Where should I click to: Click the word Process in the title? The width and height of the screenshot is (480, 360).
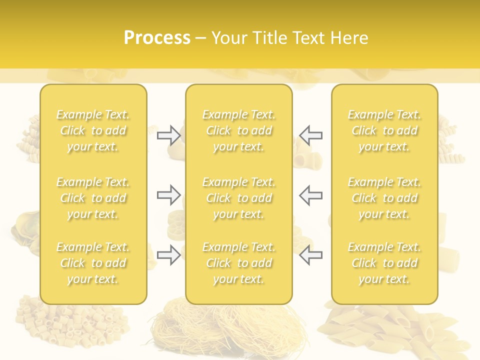coord(157,37)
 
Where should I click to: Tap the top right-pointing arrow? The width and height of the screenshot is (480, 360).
coord(168,135)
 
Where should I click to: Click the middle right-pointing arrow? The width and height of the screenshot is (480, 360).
coord(168,195)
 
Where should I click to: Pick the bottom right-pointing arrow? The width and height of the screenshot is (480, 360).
coord(168,255)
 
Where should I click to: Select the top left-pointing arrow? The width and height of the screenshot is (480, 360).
coord(310,135)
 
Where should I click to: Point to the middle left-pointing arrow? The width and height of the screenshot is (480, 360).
coord(310,195)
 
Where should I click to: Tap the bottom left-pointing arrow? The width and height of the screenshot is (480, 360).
coord(310,255)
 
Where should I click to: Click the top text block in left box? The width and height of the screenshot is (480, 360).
coord(93,130)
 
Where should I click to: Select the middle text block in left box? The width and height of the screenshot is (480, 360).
coord(93,198)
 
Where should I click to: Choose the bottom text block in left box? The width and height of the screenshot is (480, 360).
coord(93,263)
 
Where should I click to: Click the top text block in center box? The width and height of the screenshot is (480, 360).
coord(239,130)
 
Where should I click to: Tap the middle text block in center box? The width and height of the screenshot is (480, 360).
coord(239,198)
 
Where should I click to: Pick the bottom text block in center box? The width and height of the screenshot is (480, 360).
coord(239,263)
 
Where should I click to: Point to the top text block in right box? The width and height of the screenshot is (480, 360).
coord(384,130)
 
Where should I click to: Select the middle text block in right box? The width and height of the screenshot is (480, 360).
coord(384,198)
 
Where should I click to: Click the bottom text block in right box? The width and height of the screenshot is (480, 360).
coord(384,263)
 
